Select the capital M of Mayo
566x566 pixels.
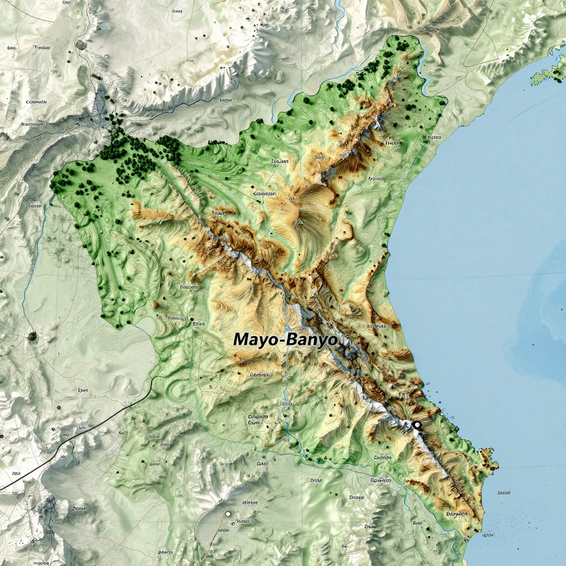(x=241, y=339)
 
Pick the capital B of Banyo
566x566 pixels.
(x=292, y=339)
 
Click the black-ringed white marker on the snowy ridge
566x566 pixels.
(x=417, y=424)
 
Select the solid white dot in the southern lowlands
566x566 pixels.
(x=227, y=513)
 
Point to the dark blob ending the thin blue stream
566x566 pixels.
(x=32, y=335)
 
